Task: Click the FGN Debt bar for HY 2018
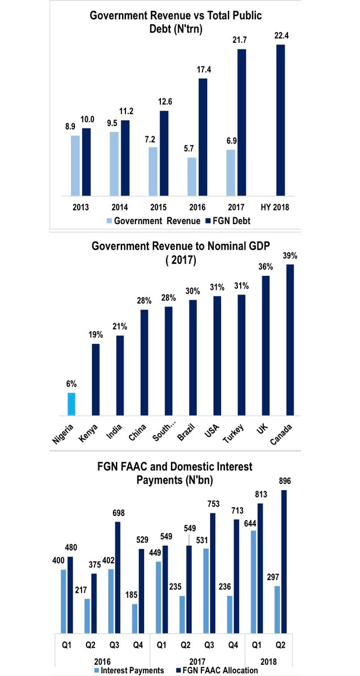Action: [281, 120]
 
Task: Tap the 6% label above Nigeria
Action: [71, 384]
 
